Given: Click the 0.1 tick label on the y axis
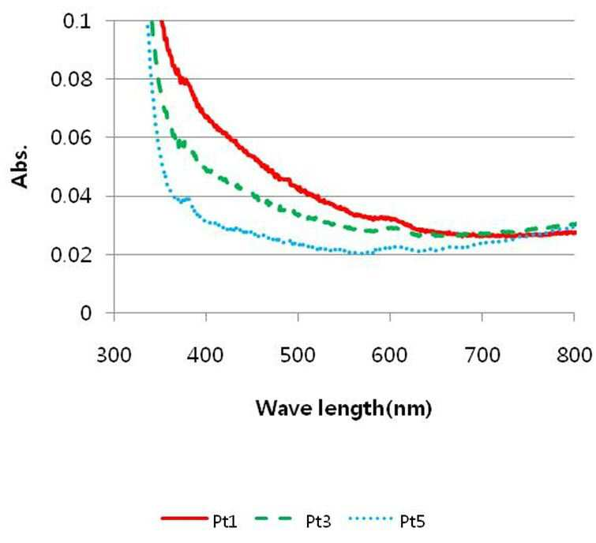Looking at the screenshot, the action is coord(77,21).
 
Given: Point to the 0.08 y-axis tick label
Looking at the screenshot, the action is coord(72,80).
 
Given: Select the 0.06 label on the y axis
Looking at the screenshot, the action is coord(72,137).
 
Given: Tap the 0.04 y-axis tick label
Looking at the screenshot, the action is coord(72,197).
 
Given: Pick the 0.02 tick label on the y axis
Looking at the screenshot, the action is coord(72,255).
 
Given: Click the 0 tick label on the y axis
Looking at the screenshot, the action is coord(86,313).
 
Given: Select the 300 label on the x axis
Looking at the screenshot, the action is coord(114,356).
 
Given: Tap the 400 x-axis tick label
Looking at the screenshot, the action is coord(205,356).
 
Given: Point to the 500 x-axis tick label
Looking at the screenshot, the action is coord(298,356).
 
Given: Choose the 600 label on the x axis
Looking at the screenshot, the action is coord(390,356).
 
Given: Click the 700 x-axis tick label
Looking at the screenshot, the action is coord(482,356).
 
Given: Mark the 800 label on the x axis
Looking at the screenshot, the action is coord(574,356).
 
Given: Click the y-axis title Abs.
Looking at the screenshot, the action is coord(21,166).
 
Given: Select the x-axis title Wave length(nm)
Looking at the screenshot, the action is coord(344,409).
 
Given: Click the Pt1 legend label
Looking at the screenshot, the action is coord(225,522).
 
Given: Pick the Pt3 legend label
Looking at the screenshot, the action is coord(319,522).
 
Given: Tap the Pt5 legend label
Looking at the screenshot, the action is coord(412,522).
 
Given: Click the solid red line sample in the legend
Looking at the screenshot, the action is coord(185,519).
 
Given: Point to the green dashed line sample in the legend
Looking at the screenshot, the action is coord(274,519).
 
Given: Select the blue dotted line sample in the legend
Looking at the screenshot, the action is coord(369,519).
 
